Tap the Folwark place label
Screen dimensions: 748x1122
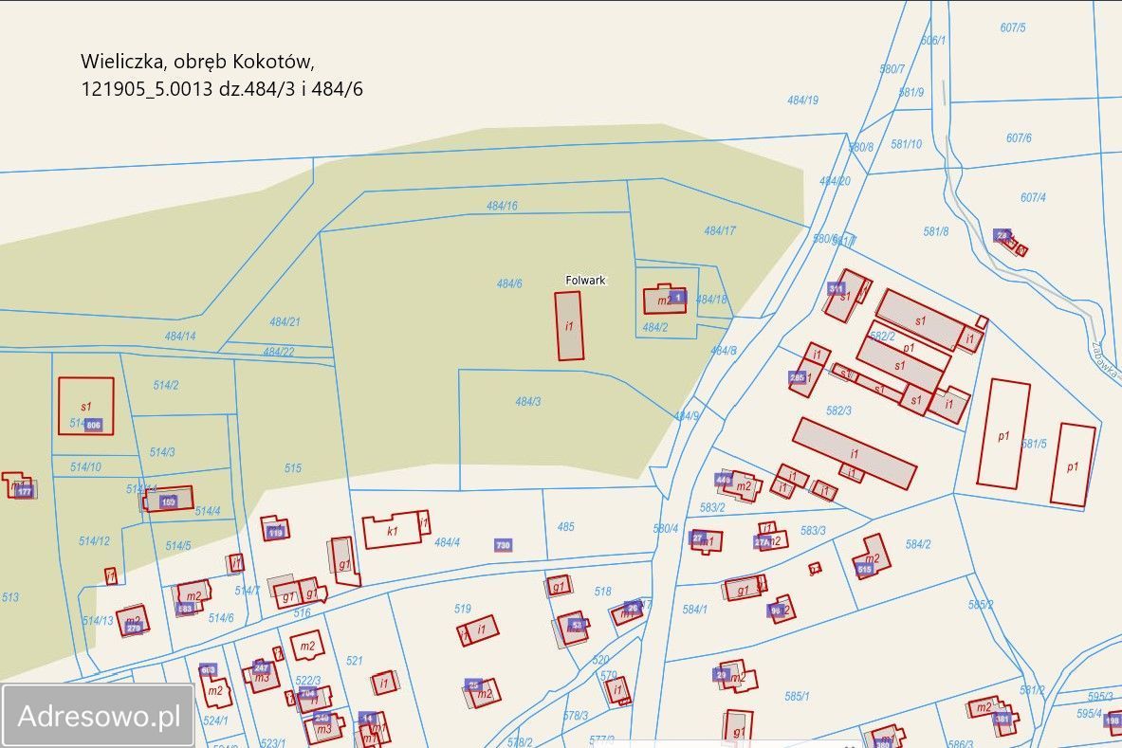[585, 281]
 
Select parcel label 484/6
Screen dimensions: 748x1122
[509, 283]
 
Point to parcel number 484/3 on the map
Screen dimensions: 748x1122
[528, 402]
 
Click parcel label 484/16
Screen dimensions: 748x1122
[502, 206]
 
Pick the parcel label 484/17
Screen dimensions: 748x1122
[720, 230]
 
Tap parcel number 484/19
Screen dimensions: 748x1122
[802, 100]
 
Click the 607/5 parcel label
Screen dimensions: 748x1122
[1013, 27]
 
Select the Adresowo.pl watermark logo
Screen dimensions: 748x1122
[99, 716]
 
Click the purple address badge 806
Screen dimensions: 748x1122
[93, 425]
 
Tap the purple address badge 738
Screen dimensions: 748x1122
[503, 545]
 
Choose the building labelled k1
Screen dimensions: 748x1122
[392, 531]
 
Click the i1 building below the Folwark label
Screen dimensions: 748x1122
[569, 325]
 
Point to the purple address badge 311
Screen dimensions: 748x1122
[836, 288]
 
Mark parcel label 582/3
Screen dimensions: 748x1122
[839, 410]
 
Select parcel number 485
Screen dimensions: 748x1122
[566, 526]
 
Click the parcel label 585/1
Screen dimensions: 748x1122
[797, 696]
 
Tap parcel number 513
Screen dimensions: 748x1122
[10, 597]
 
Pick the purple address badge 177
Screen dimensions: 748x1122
[25, 491]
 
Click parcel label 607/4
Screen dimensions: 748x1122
[1033, 197]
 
